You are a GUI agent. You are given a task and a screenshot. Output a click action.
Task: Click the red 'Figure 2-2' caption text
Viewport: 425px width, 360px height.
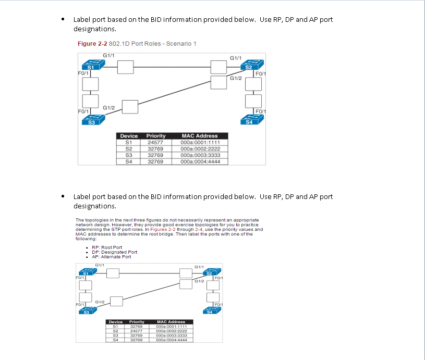coord(92,43)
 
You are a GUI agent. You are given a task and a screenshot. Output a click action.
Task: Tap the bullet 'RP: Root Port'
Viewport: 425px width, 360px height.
coord(107,247)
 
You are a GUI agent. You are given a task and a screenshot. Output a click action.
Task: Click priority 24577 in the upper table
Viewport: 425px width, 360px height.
coord(155,142)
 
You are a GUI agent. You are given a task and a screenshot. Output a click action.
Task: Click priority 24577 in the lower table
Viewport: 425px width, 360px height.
coord(137,330)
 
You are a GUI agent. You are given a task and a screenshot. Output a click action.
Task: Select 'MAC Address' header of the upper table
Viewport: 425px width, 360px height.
coord(200,135)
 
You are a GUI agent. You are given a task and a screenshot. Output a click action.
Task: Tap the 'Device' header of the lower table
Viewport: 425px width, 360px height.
coord(115,321)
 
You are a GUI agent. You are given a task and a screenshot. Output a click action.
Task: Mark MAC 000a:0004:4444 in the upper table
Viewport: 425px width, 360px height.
coord(200,162)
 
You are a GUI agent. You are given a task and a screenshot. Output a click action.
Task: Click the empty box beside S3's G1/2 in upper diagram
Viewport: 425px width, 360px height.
coord(129,107)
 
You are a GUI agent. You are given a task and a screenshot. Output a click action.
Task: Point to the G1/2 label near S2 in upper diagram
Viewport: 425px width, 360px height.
coord(236,78)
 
